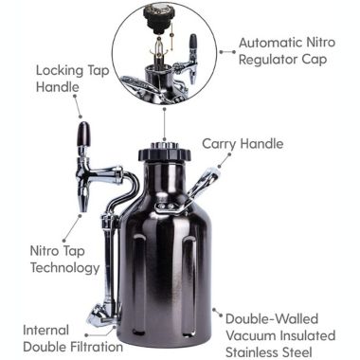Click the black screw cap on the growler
point(164,153)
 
